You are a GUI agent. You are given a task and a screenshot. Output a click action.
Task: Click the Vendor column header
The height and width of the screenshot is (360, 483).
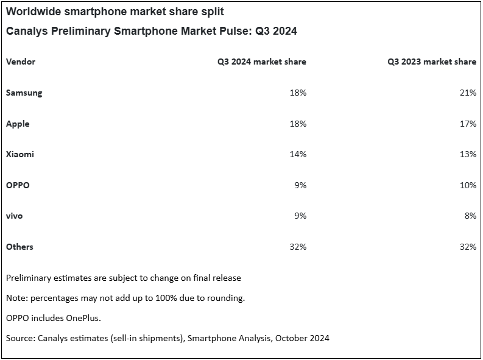coord(21,62)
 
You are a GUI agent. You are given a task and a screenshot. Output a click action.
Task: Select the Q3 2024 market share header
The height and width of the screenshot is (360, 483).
coord(262,62)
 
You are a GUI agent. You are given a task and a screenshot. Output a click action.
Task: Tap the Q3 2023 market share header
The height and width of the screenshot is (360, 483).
coord(432,62)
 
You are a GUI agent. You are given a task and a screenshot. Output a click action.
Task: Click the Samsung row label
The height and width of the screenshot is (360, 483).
coord(24,93)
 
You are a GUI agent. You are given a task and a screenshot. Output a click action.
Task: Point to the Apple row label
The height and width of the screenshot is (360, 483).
coord(18,124)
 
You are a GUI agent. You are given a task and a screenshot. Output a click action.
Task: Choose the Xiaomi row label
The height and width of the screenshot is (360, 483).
coord(19,154)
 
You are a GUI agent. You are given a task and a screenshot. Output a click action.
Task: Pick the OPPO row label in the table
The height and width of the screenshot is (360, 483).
coord(18,185)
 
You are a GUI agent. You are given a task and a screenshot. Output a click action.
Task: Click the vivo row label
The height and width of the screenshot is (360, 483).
coord(15,216)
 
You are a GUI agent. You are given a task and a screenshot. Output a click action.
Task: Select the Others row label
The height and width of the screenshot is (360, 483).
coord(19,247)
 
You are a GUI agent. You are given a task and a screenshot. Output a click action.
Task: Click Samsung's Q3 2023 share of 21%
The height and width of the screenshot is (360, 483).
coord(468,93)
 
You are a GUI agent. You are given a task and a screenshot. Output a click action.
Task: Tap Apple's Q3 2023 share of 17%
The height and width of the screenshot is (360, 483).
coord(468,124)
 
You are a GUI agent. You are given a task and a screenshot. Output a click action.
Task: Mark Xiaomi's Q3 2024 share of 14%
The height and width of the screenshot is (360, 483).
coord(298,154)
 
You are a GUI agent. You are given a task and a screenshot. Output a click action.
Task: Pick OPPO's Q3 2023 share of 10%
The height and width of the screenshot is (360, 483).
coord(468,185)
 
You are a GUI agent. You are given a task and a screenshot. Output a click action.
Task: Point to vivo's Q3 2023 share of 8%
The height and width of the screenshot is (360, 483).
coord(470,216)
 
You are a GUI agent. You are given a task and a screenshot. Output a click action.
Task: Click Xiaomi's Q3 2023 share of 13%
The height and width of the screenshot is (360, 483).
coord(468,154)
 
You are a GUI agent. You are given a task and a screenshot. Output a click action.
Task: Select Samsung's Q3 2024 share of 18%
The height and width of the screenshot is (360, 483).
coord(298,93)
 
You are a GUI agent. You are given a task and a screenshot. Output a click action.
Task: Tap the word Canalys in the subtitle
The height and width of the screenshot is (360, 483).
coord(28,31)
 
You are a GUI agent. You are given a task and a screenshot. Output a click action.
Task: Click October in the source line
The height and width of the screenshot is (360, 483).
coord(289,337)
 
